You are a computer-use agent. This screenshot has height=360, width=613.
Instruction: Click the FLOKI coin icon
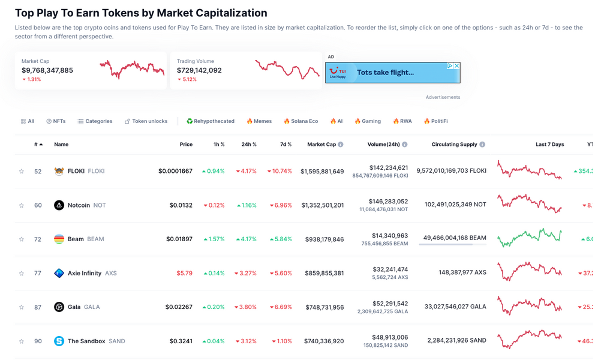click(x=59, y=171)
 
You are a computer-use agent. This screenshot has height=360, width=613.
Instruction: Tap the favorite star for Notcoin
click(x=22, y=205)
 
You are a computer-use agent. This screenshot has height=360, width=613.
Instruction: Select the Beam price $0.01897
click(x=179, y=239)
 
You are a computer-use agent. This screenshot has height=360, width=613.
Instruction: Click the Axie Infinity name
click(x=85, y=273)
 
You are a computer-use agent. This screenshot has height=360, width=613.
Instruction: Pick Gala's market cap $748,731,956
click(x=322, y=307)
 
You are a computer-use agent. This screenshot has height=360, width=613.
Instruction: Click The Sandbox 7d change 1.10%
click(x=280, y=341)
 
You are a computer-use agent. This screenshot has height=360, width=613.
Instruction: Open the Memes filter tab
click(x=259, y=121)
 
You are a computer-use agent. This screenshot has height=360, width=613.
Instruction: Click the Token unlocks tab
click(x=146, y=121)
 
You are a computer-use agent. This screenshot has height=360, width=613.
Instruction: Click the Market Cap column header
click(x=321, y=145)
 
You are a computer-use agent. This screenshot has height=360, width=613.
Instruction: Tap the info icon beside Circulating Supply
click(x=482, y=145)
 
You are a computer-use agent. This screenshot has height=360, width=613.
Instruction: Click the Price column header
click(x=186, y=145)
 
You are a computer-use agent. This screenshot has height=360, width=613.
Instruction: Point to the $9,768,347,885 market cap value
click(x=47, y=70)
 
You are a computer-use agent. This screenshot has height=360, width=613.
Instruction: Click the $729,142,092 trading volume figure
click(x=199, y=70)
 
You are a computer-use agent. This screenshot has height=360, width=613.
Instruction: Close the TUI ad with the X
click(x=456, y=66)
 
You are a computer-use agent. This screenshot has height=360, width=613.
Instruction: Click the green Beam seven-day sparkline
click(x=530, y=238)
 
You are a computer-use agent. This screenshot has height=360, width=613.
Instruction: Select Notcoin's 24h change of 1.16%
click(x=247, y=205)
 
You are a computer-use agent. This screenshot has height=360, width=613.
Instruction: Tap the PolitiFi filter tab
click(x=436, y=121)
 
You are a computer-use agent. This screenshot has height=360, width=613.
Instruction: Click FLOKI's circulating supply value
click(x=451, y=170)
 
